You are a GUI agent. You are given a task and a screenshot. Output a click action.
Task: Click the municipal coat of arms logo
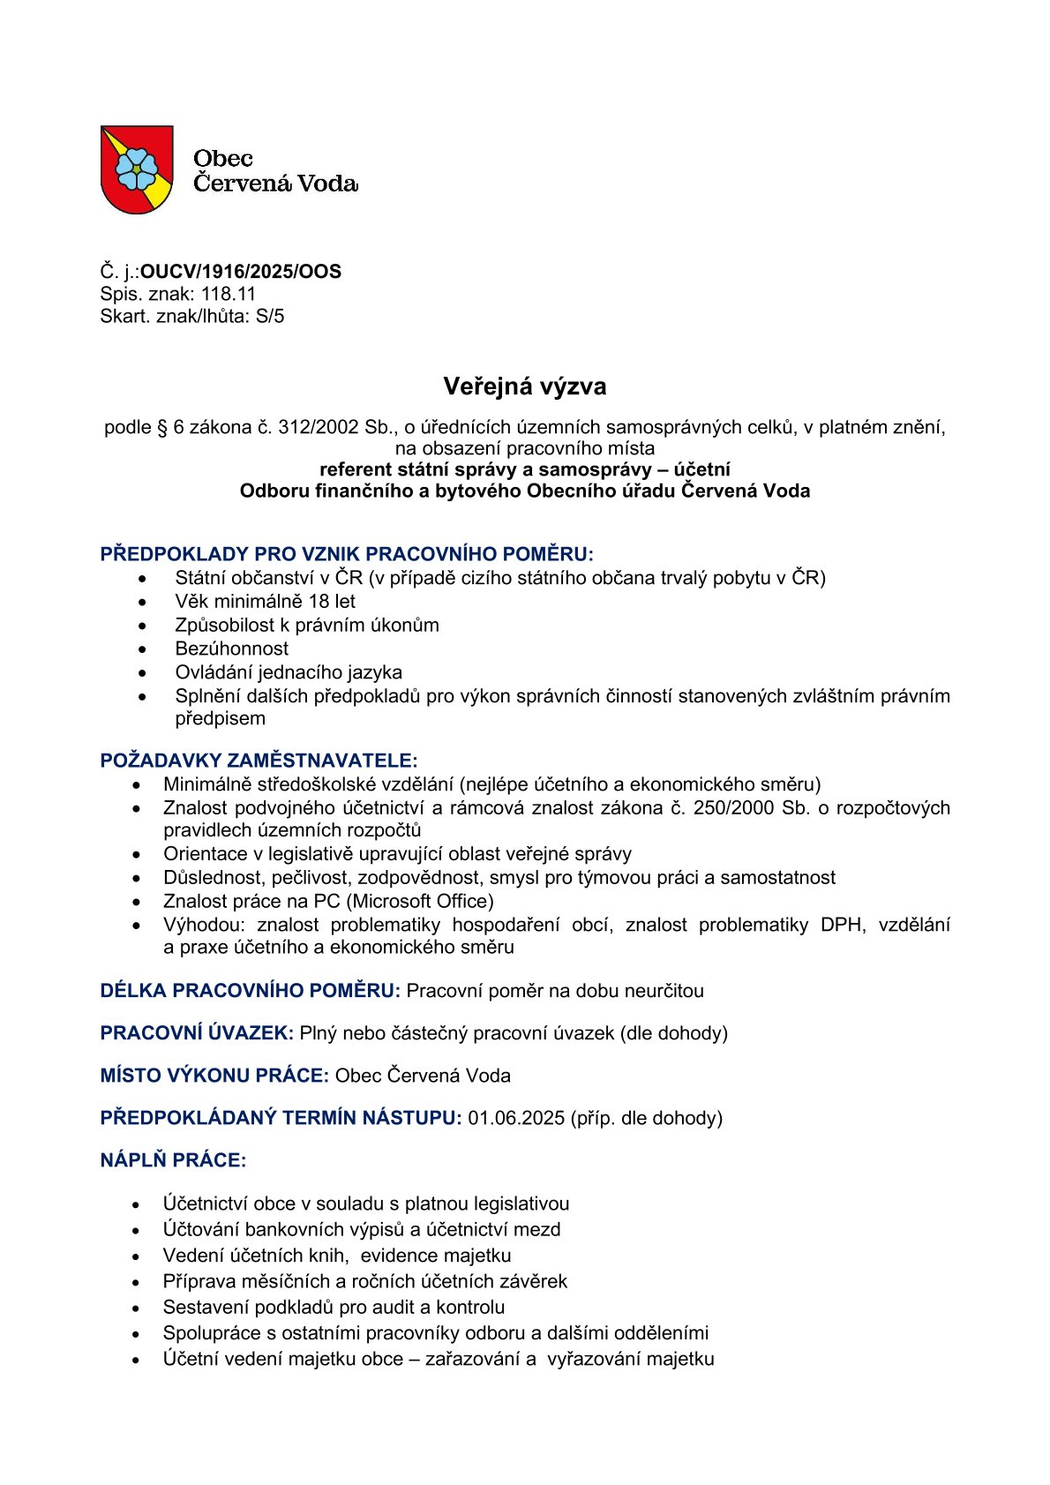tap(137, 169)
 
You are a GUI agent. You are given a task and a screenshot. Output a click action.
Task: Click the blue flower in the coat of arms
tap(136, 169)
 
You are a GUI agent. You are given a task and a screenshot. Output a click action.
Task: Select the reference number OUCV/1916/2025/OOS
tap(241, 272)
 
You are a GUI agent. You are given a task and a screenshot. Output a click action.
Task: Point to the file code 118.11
tap(229, 294)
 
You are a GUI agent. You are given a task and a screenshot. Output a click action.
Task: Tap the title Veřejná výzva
tap(524, 386)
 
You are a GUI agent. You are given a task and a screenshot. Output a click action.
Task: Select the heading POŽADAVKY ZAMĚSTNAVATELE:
tap(259, 761)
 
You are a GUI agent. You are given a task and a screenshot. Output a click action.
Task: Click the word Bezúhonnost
tap(231, 649)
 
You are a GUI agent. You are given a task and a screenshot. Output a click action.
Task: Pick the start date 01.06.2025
tap(516, 1118)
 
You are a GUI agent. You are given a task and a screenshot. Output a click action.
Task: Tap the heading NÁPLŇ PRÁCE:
tap(173, 1160)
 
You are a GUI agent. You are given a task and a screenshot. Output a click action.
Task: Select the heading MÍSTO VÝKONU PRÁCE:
tap(214, 1076)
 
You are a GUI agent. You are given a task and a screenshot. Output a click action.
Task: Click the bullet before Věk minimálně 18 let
tap(143, 602)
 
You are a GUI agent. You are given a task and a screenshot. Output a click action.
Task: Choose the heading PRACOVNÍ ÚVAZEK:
tap(197, 1033)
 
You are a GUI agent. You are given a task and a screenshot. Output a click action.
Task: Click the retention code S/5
tap(270, 316)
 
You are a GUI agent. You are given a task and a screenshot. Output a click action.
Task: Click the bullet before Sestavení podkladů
tap(136, 1308)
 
